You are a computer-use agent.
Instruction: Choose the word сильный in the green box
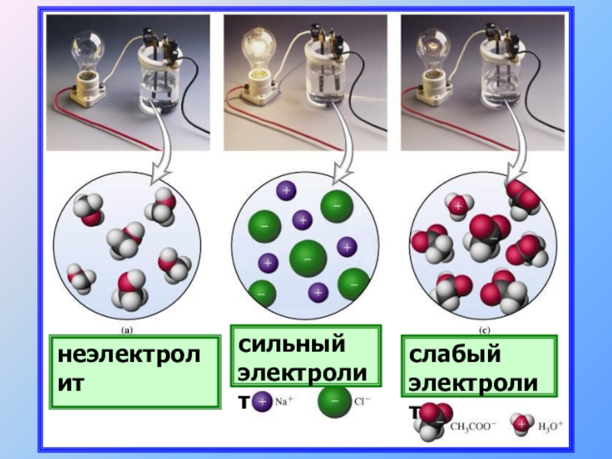point(291,344)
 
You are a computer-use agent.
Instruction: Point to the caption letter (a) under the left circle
point(127,330)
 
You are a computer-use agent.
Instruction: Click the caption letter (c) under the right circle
point(484,330)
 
